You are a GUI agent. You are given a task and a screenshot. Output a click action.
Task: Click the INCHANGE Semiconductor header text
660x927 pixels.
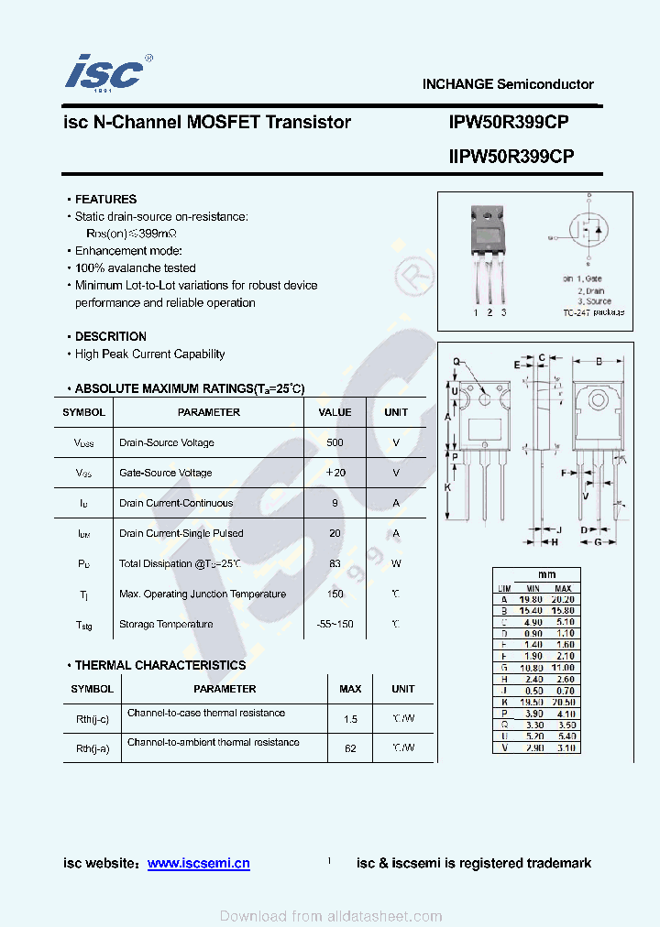pos(508,84)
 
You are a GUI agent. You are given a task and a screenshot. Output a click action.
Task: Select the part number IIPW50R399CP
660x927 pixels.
pos(511,157)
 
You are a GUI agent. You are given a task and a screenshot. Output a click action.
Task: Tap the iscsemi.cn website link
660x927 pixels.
pos(198,863)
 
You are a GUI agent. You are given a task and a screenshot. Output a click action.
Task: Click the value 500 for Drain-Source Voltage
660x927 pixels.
pos(335,442)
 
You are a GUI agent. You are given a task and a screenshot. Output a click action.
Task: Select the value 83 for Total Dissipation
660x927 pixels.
pos(335,563)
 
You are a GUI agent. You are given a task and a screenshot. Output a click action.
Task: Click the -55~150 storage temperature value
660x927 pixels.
pos(335,624)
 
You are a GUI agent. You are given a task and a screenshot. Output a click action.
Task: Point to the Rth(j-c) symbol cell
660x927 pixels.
pos(92,719)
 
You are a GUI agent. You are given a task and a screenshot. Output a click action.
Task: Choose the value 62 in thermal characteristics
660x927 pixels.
pos(350,748)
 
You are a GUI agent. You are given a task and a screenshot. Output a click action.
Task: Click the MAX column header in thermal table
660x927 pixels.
pos(350,689)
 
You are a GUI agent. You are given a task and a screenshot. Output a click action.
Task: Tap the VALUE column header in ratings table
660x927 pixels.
pos(335,412)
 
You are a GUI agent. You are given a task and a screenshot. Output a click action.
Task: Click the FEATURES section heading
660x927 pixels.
pos(105,199)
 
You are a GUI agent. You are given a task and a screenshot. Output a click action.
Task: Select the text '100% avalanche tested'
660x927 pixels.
pos(135,268)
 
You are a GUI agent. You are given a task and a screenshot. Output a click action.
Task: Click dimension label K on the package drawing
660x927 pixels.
pos(447,487)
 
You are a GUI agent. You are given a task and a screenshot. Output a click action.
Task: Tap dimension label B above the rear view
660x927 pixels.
pos(599,361)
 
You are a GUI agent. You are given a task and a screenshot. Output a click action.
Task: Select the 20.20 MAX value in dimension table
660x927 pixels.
pos(563,598)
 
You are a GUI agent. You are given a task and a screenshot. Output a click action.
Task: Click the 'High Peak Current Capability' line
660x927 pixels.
pos(149,354)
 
